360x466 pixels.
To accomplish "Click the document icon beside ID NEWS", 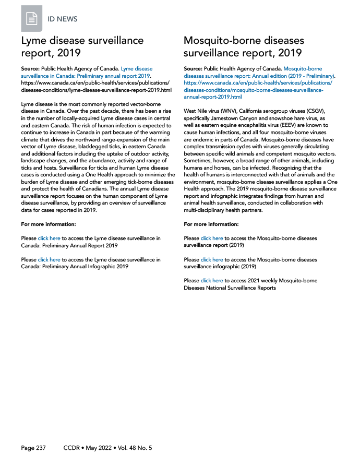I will [32, 19].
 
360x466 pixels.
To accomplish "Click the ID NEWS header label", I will [63, 19].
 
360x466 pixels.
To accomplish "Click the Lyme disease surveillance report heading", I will [82, 47].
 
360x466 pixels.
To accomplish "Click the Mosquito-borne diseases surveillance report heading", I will [244, 47].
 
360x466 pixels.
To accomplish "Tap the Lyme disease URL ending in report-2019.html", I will [97, 90].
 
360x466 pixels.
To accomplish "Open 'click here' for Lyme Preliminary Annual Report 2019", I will [49, 238].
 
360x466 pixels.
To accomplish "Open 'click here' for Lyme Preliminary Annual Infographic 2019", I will [49, 259].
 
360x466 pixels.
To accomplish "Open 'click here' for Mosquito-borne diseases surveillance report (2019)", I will [212, 238].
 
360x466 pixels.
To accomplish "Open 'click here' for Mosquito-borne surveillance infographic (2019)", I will [212, 259].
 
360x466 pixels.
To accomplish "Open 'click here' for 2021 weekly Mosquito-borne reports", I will [212, 281].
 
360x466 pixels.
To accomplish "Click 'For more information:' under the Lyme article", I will [49, 224].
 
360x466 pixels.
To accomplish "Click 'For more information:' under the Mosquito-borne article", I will [211, 224].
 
